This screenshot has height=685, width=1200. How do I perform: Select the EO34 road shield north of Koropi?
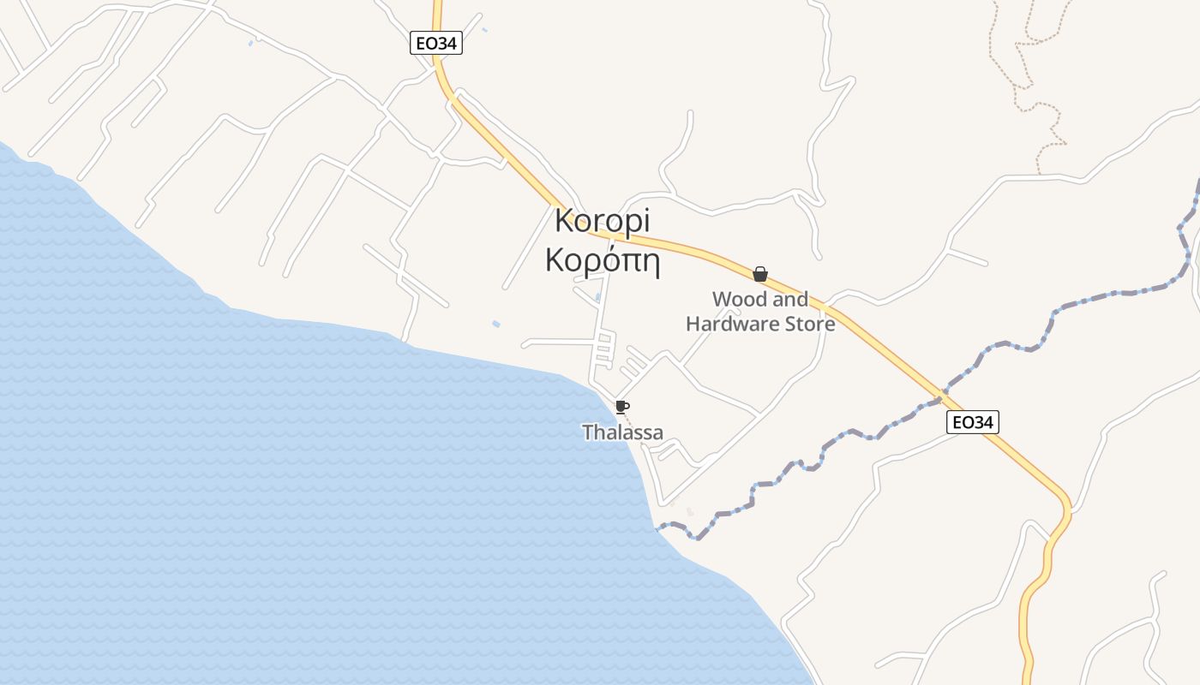436,44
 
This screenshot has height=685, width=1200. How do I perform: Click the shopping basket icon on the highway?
759,274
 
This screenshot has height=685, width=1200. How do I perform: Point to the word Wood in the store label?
738,300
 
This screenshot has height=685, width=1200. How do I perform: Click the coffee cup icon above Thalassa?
621,406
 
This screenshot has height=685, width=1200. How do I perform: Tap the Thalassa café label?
623,432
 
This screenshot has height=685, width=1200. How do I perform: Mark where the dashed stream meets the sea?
657,529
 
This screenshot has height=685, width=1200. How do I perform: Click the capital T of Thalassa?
588,432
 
